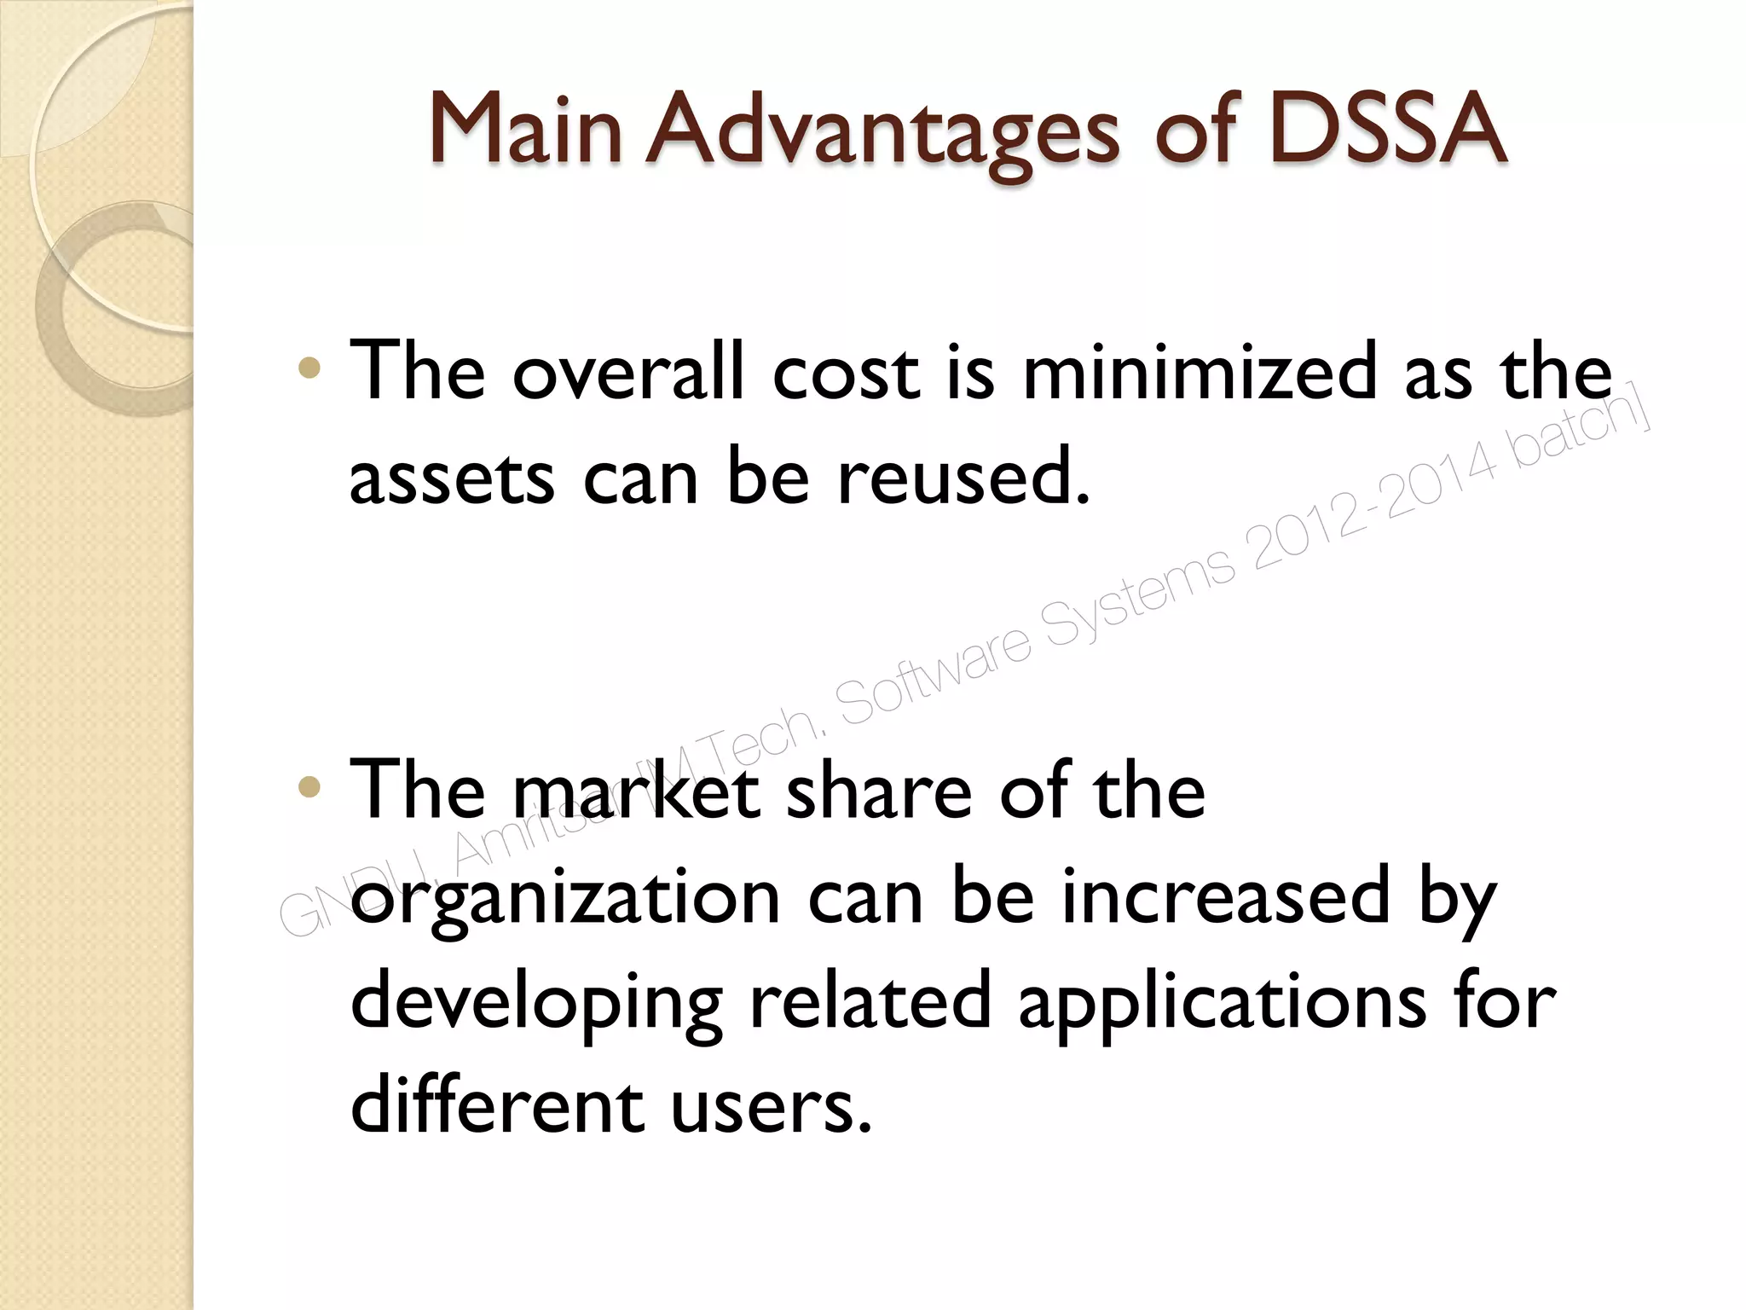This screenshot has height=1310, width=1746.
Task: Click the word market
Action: tap(636, 791)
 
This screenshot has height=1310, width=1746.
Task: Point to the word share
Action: tap(878, 791)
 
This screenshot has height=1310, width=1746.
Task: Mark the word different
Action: tap(496, 1105)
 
